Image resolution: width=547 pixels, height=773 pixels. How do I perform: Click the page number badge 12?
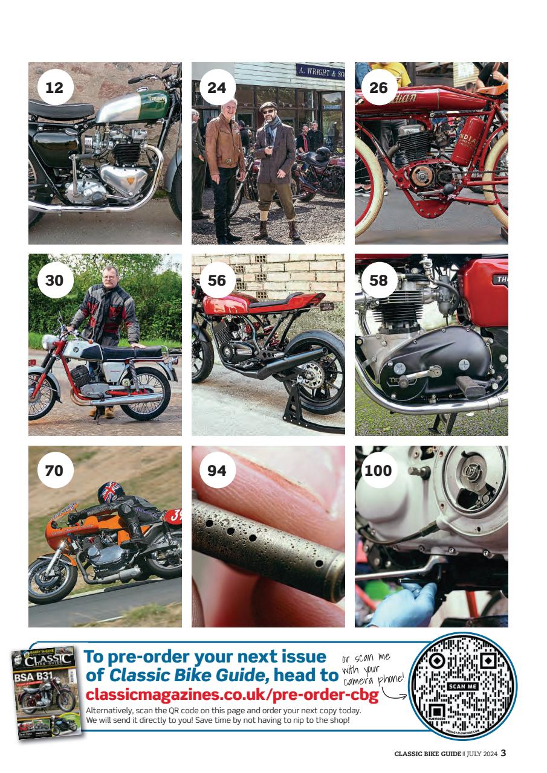point(54,88)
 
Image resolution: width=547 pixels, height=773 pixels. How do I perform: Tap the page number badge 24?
point(216,88)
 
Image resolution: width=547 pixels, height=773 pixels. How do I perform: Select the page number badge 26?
point(378,88)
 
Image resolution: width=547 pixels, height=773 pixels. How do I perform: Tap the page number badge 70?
point(54,470)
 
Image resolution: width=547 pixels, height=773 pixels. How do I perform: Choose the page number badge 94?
point(216,470)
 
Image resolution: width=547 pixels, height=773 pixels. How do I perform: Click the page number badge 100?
point(378,470)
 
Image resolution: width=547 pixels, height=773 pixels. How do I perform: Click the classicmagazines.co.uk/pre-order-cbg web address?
point(233,694)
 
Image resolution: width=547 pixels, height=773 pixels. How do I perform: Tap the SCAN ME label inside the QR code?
point(463,687)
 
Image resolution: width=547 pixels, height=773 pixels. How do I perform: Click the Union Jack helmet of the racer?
point(111,492)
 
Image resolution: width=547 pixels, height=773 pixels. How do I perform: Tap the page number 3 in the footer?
point(503,753)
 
